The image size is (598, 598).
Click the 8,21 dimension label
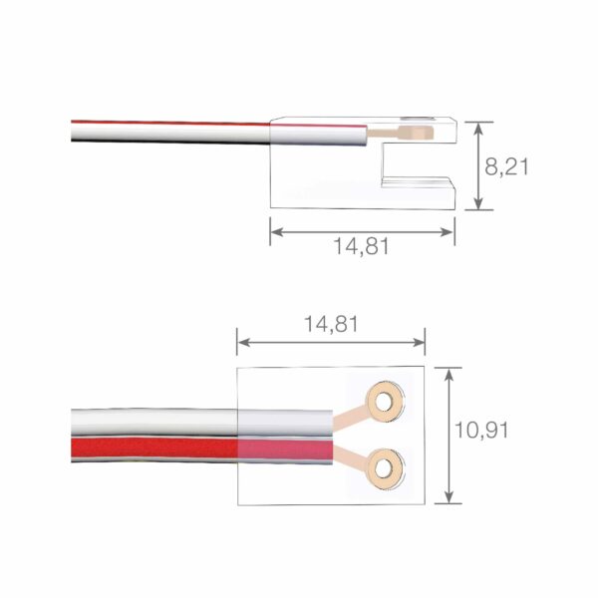pos(506,165)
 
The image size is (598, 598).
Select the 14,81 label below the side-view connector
pos(361,246)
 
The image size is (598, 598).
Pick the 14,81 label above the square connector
pos(331,324)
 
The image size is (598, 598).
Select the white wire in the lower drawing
pos(149,420)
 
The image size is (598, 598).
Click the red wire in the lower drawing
pos(149,448)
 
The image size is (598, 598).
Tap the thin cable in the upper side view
pos(169,131)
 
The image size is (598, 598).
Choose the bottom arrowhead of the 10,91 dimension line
pos(450,497)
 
